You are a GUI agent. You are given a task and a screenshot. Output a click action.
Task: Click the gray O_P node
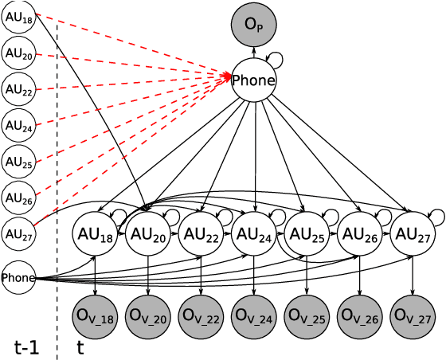253,25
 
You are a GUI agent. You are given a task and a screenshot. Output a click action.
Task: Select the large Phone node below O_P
253,80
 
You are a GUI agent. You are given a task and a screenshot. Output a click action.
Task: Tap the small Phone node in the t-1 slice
18,278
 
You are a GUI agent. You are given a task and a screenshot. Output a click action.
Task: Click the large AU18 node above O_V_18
95,234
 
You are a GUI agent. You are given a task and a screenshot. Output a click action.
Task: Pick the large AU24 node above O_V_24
254,234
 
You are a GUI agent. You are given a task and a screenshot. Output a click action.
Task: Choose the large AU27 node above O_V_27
413,234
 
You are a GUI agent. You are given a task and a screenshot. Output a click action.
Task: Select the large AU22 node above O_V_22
201,234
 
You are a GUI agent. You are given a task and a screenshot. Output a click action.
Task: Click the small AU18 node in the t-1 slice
18,18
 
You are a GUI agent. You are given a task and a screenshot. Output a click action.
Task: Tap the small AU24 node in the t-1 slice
18,126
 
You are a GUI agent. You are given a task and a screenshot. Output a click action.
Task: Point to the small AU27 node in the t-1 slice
18,233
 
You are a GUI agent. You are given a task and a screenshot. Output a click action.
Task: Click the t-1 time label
26,347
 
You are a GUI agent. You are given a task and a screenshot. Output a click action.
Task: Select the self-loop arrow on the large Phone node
276,58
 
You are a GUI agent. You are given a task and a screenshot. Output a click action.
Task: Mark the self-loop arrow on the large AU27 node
436,215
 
